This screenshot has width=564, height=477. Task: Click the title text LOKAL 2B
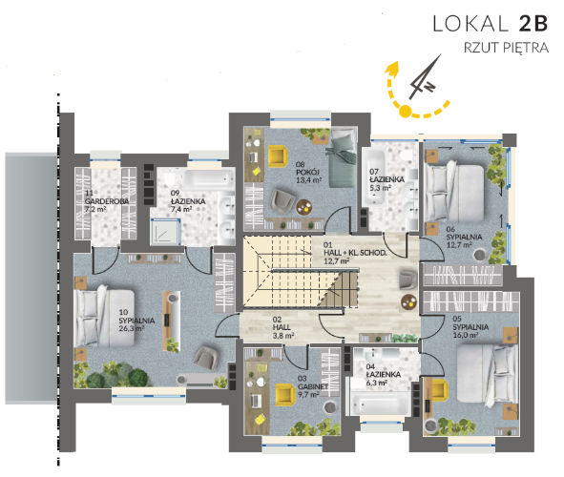491,23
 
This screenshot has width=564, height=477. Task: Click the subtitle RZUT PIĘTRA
506,48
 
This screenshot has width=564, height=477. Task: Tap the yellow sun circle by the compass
405,111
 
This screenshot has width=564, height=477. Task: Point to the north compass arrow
426,76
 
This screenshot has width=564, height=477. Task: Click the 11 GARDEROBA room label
107,201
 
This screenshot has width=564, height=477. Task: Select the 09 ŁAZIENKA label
188,201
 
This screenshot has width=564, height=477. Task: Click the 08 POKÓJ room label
308,172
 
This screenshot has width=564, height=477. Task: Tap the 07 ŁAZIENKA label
386,179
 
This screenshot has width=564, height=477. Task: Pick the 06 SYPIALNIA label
464,237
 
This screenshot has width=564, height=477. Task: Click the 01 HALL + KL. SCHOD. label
355,253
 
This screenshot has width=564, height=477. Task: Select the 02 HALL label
283,327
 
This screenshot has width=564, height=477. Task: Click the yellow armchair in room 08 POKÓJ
278,156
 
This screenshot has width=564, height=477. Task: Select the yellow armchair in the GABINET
285,393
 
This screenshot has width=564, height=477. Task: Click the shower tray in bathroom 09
165,232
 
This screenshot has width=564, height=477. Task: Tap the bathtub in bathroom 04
381,404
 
